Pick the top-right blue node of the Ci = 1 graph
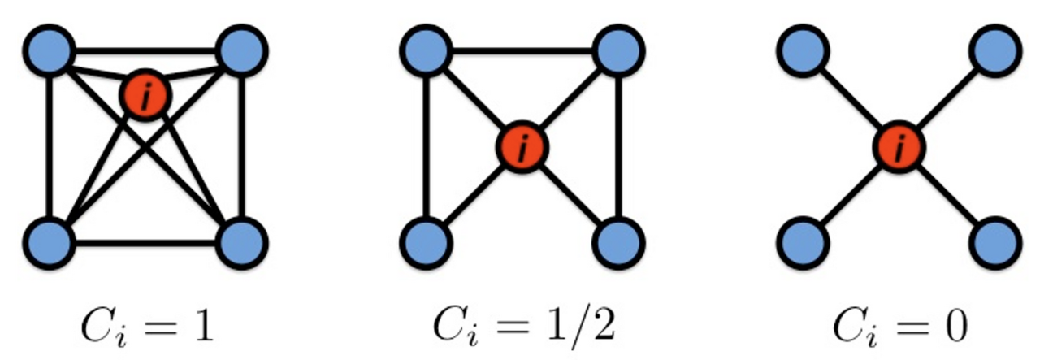pyautogui.click(x=242, y=50)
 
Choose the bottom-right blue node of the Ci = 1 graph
pyautogui.click(x=242, y=242)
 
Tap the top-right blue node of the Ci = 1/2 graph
pyautogui.click(x=619, y=50)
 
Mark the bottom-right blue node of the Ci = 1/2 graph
pyautogui.click(x=619, y=242)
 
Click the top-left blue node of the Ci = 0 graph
pyautogui.click(x=804, y=50)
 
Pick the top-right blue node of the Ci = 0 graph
pyautogui.click(x=996, y=50)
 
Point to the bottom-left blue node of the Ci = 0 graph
pyautogui.click(x=804, y=242)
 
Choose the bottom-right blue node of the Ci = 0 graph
pyautogui.click(x=996, y=242)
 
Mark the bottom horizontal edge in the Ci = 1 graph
pyautogui.click(x=146, y=242)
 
